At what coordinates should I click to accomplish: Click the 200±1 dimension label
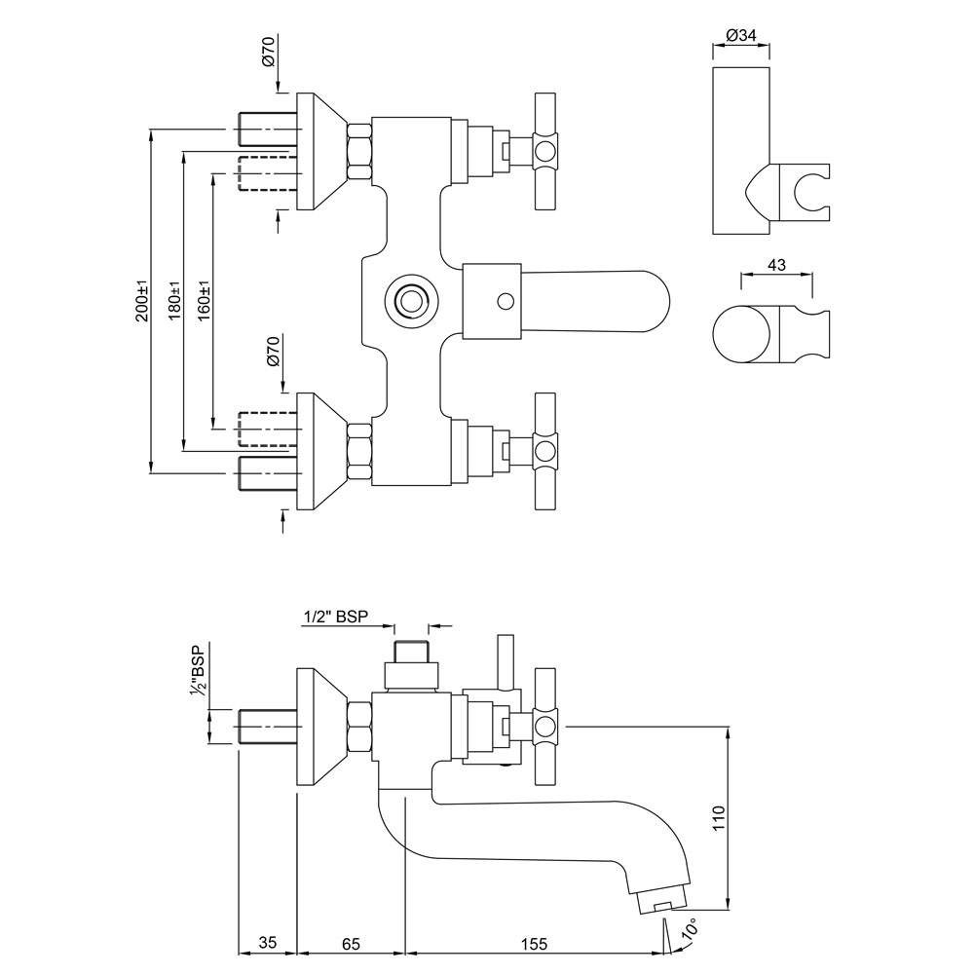click(x=141, y=301)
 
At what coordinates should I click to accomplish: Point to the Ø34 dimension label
click(x=741, y=36)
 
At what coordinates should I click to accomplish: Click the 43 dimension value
click(x=776, y=265)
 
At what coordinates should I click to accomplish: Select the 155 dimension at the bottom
click(x=533, y=943)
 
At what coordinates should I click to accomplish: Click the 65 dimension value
click(x=352, y=943)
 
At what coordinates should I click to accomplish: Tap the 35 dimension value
click(x=267, y=943)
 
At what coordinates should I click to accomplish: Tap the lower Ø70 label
click(x=273, y=351)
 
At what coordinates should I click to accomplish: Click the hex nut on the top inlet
click(x=358, y=151)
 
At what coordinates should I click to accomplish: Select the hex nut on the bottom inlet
click(x=358, y=452)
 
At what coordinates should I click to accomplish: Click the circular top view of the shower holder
click(x=744, y=337)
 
